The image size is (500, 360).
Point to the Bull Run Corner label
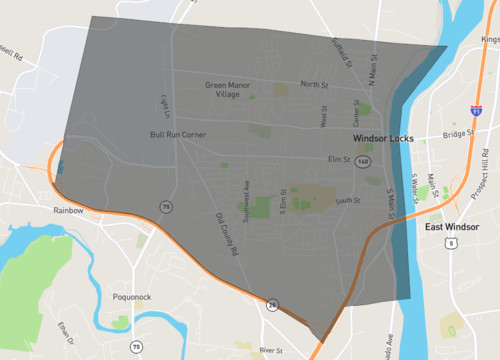(x=178, y=134)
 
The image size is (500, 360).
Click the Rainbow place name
(x=68, y=211)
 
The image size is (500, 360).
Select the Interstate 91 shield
(x=476, y=103)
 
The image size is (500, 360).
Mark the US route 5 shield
(x=453, y=242)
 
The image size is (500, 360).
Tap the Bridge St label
(x=457, y=133)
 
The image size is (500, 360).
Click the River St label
(x=271, y=351)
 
